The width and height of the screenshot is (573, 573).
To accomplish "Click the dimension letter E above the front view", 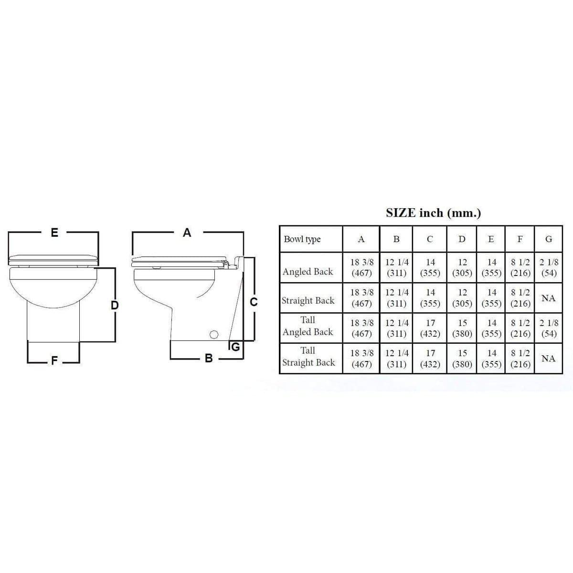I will tap(54, 233).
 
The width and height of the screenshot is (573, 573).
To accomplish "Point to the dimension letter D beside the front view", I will tap(114, 305).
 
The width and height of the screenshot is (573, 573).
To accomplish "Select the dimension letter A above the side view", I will tap(187, 233).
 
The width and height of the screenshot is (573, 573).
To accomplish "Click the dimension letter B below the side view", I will tap(208, 358).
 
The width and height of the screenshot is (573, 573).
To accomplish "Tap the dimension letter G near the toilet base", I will tap(235, 347).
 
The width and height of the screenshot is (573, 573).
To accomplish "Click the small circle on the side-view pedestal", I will tap(214, 335).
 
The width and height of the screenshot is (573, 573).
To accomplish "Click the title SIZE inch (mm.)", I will tap(433, 213).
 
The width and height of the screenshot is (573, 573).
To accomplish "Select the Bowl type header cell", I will tap(302, 239).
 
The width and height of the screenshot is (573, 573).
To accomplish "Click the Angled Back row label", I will tap(308, 272).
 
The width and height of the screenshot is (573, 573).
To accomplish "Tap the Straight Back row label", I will tap(308, 301).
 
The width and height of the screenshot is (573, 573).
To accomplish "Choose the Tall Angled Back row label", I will tap(308, 326).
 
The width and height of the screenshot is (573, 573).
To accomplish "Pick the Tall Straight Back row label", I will tap(308, 357).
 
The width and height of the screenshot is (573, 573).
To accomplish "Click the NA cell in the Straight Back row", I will tap(549, 298).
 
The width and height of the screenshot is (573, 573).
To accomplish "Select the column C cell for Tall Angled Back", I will tap(430, 329).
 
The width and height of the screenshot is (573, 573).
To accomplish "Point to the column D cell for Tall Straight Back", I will tap(462, 359).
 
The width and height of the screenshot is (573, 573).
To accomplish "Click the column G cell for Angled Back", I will tap(549, 267).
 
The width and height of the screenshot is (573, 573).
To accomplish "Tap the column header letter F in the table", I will tap(520, 239).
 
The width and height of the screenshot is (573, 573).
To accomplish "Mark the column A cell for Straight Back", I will tap(361, 298).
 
